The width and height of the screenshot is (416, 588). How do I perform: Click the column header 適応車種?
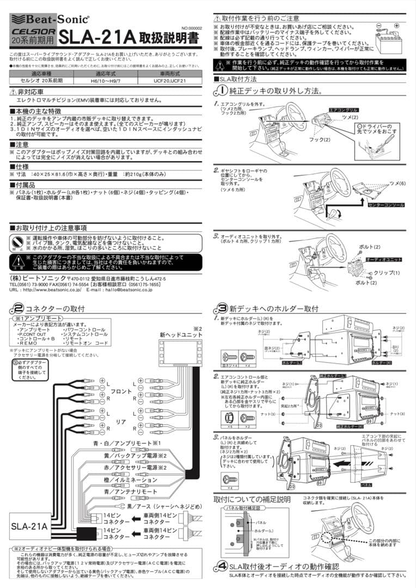[x=41, y=72]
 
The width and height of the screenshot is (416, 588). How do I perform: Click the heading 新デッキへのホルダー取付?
[x=273, y=309]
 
